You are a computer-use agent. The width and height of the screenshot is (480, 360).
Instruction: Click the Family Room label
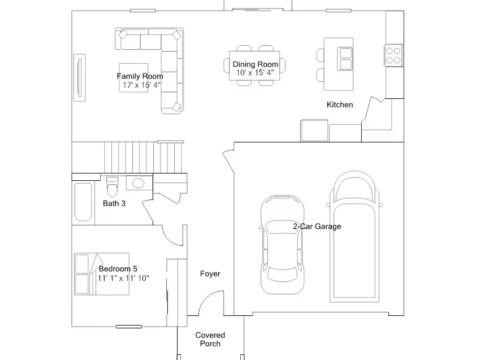140,76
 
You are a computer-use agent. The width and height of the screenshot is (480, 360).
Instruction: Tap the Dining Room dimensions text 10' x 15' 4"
255,73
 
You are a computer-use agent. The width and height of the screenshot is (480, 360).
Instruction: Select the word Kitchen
340,105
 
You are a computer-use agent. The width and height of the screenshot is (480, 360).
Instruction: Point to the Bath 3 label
114,203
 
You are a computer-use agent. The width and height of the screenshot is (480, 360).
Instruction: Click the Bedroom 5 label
118,269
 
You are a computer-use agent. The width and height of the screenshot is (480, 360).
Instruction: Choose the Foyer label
210,274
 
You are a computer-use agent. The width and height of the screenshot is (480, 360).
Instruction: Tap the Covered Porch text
210,339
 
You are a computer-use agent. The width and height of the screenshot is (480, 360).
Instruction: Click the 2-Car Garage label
317,226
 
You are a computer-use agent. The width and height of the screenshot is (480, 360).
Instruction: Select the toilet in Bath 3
112,186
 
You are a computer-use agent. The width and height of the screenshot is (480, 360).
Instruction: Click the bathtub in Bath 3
83,202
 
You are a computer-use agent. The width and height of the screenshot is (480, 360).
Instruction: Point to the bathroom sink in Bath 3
139,183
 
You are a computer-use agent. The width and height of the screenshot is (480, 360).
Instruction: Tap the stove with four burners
393,56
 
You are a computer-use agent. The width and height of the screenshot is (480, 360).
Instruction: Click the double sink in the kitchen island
345,59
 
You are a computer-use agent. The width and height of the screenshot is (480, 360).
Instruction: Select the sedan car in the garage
282,245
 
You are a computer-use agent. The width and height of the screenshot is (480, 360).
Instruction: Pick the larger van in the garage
355,237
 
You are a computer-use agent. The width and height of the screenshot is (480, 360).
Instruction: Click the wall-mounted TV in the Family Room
79,78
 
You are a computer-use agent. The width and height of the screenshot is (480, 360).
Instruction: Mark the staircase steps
143,157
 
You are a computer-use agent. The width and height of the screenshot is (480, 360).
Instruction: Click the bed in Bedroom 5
102,274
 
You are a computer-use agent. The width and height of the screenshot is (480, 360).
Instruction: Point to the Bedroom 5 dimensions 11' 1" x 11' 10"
123,278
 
